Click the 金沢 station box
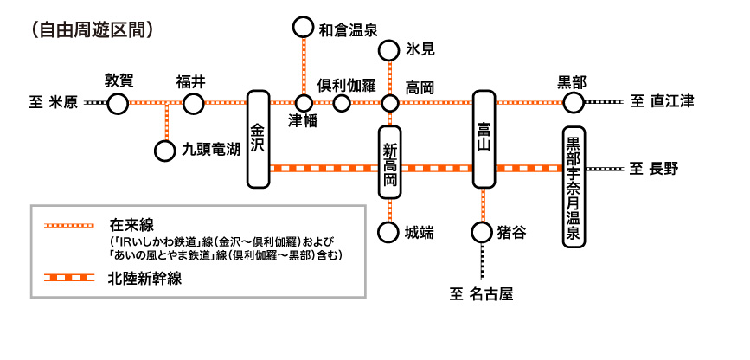258,138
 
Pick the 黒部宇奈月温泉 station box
574,188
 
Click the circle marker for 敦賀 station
119,104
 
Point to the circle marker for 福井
192,104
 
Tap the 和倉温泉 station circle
303,28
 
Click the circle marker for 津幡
303,104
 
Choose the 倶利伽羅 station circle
343,104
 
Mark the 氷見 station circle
390,49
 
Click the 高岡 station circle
390,104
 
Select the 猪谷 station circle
483,233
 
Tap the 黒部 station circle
574,104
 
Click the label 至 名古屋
482,294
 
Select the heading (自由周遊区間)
90,29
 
